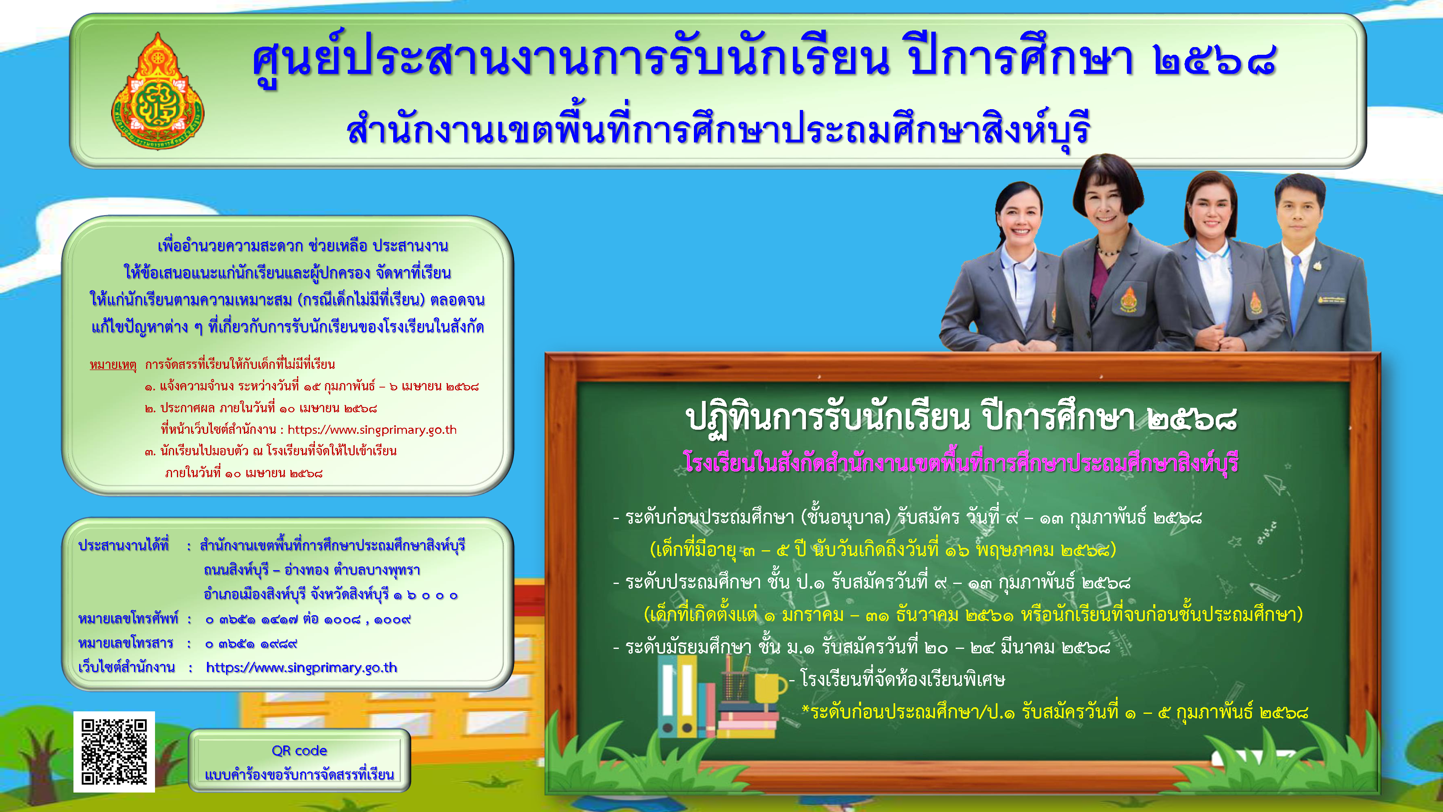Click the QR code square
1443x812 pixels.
tap(114, 752)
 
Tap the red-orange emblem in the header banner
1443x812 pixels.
tap(158, 91)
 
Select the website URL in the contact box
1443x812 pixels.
tap(302, 668)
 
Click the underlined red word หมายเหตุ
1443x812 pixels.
tap(113, 364)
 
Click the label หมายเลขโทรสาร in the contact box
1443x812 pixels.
tap(126, 643)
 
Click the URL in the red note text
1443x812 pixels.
tap(372, 429)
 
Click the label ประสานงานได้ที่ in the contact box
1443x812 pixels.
tap(124, 545)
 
